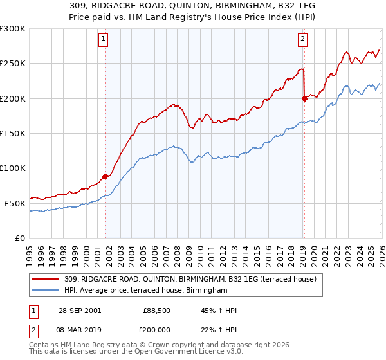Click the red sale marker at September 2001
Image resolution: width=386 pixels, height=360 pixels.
pyautogui.click(x=106, y=176)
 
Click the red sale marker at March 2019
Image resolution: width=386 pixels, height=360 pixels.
pyautogui.click(x=304, y=98)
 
